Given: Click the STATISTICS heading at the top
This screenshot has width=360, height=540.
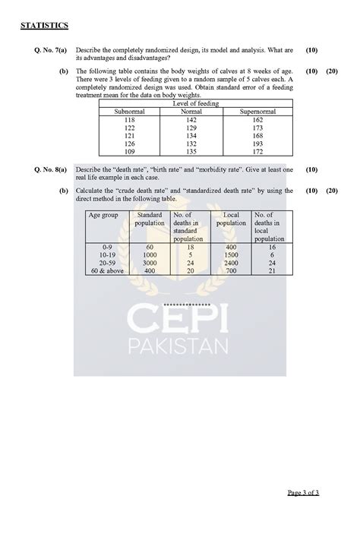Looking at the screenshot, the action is point(45,26).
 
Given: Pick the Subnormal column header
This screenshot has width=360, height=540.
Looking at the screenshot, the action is point(129,112).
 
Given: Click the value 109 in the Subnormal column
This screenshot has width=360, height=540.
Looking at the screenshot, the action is point(129,152).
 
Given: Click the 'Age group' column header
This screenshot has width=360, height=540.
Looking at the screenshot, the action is point(103,216).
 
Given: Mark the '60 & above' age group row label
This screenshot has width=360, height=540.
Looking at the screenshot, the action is point(106,270).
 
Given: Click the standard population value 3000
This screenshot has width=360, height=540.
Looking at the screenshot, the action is point(150,263).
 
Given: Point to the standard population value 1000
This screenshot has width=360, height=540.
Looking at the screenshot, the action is point(150,255).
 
